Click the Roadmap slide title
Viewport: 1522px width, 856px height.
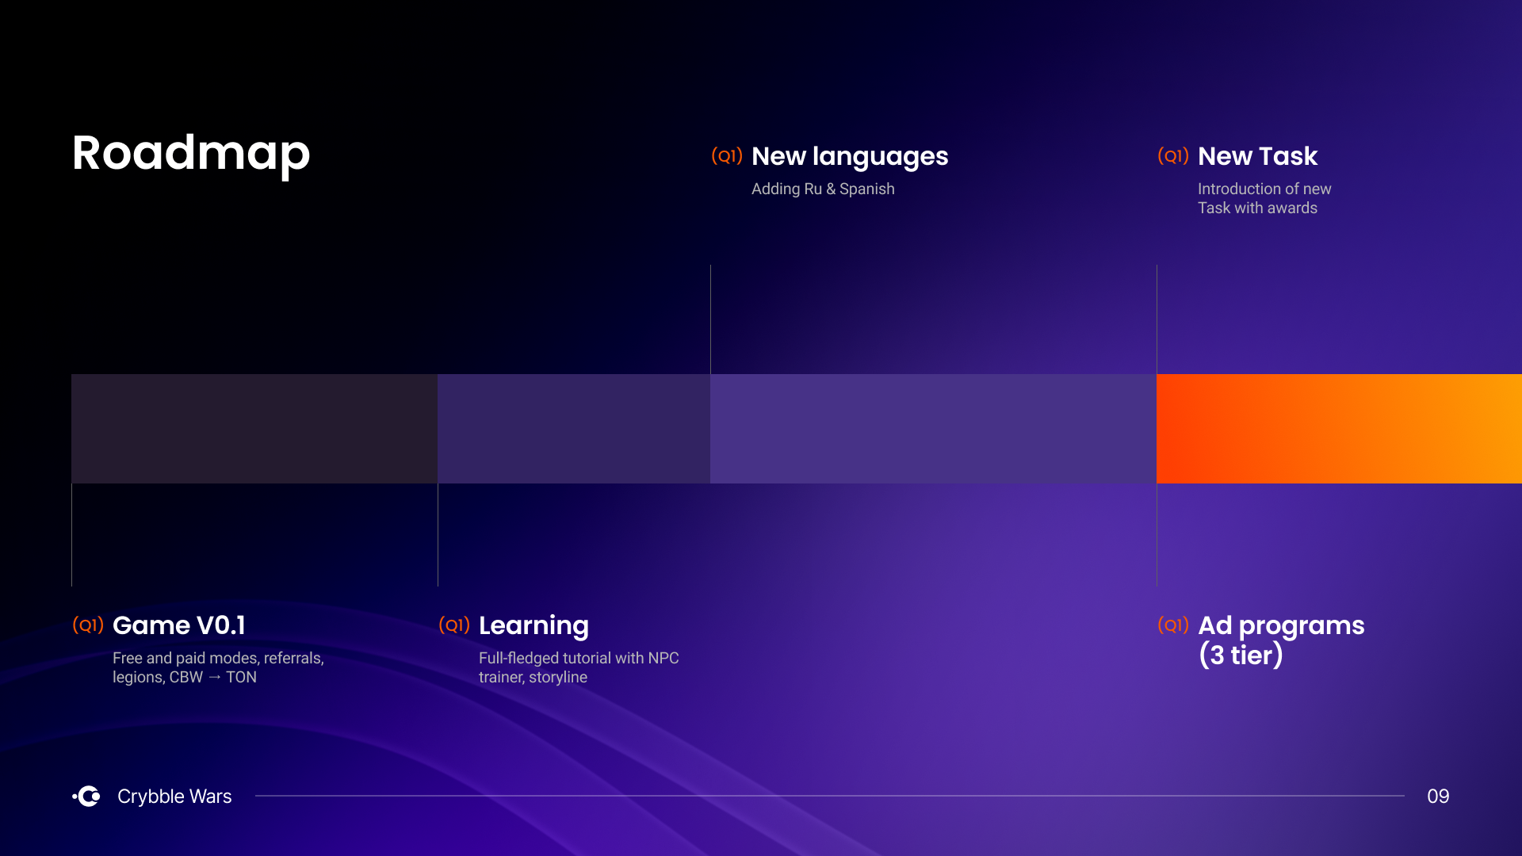tap(191, 154)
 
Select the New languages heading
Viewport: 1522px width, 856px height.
tap(850, 157)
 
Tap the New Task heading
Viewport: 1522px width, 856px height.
tap(1257, 156)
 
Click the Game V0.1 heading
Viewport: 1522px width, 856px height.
tap(179, 625)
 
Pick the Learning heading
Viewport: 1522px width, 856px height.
tap(533, 626)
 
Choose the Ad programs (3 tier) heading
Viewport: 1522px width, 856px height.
tap(1281, 640)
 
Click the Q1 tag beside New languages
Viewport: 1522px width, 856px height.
tap(727, 155)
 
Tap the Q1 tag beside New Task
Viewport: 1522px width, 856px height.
tap(1173, 155)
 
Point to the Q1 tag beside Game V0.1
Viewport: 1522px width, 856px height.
tap(88, 625)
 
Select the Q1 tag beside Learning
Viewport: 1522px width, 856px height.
tap(454, 625)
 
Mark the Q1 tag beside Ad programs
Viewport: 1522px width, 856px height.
tap(1173, 625)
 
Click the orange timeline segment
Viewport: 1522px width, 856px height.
tap(1339, 429)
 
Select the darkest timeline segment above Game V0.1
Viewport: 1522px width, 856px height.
tap(254, 429)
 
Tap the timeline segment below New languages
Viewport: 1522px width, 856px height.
tap(933, 429)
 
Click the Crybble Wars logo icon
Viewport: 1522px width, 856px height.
tap(86, 796)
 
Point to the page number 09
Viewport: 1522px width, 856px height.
tap(1438, 796)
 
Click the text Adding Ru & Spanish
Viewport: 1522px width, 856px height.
tap(823, 189)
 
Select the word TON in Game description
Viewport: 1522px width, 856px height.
tap(241, 677)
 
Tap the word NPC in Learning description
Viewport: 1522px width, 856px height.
tap(663, 658)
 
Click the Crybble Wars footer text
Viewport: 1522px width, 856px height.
tap(174, 797)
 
